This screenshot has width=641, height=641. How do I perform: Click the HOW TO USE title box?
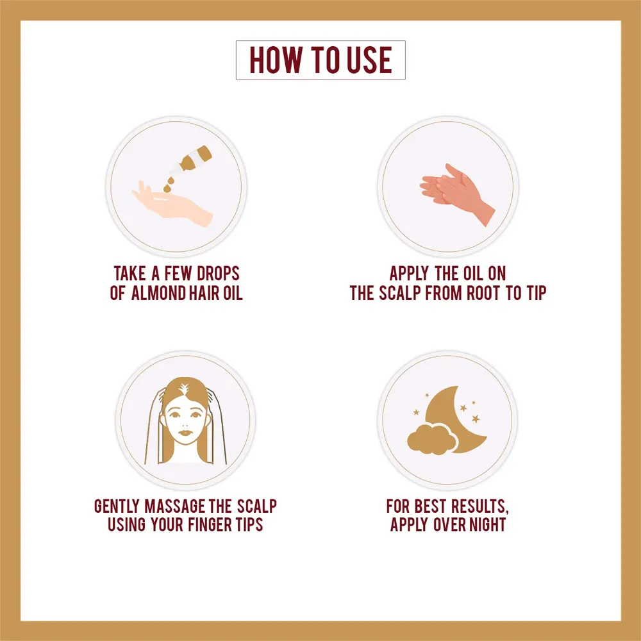click(320, 60)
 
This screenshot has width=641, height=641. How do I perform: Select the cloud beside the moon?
click(432, 439)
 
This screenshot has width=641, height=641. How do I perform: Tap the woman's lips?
click(186, 433)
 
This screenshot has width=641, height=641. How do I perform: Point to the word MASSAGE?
click(175, 506)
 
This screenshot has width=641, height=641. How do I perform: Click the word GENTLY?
click(117, 506)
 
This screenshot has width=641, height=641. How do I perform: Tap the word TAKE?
click(129, 274)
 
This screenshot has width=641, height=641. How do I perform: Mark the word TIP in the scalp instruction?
click(537, 293)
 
